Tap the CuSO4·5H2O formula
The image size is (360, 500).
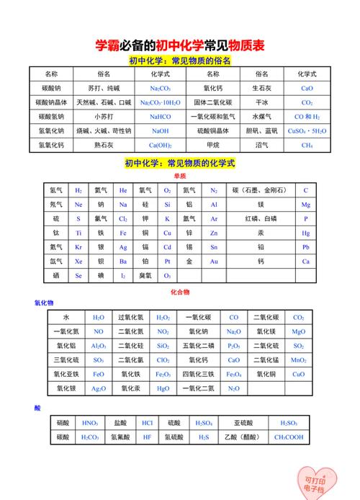307,131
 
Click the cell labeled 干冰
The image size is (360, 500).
261,102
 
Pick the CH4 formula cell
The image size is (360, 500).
307,146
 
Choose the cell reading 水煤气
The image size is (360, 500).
261,117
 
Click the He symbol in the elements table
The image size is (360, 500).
123,191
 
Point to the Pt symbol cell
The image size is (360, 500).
167,262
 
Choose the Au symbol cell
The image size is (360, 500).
213,262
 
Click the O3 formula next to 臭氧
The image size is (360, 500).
167,276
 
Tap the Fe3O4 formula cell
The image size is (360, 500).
234,375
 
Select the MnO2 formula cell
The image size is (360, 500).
298,360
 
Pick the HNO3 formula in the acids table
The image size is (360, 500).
90,423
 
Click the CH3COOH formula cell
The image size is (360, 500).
289,437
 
